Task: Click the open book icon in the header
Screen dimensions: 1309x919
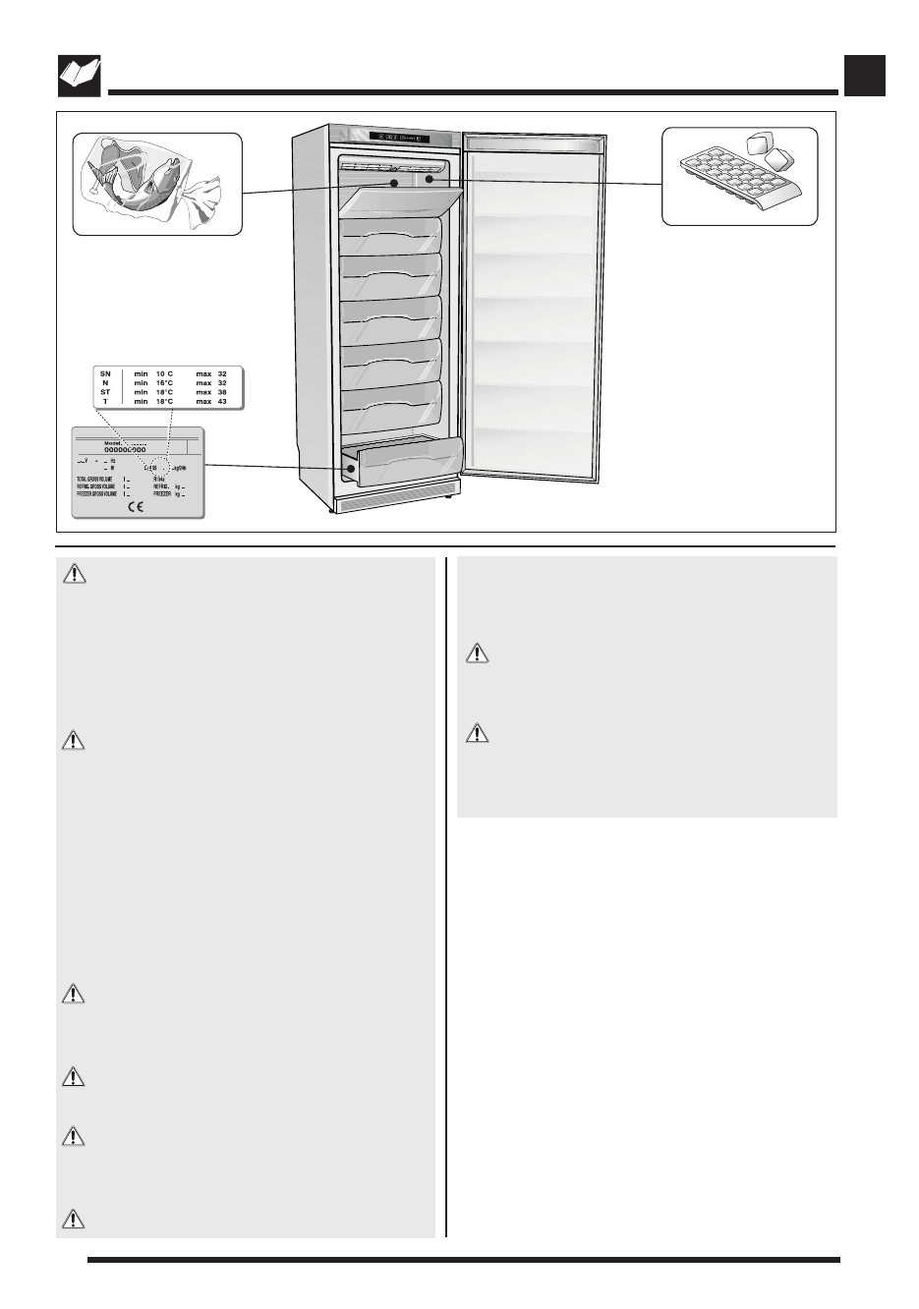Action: tap(79, 76)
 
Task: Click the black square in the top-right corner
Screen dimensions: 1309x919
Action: tap(865, 76)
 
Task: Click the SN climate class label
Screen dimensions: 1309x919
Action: tap(105, 374)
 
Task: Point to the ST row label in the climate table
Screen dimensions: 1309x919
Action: tap(105, 392)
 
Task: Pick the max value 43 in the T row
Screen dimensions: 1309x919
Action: tap(222, 402)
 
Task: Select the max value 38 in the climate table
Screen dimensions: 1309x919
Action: tap(222, 392)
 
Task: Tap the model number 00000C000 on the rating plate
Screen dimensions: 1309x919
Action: tap(125, 450)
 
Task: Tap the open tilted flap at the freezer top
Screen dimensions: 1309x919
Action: tap(398, 202)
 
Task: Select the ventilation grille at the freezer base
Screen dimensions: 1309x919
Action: tap(395, 501)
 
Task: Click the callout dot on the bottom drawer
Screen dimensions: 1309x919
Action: tap(350, 470)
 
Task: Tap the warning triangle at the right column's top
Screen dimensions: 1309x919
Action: tap(477, 653)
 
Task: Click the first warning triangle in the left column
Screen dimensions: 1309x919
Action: tap(74, 573)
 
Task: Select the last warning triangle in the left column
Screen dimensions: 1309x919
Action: tap(74, 1220)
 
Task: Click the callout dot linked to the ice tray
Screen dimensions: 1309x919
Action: tap(430, 179)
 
